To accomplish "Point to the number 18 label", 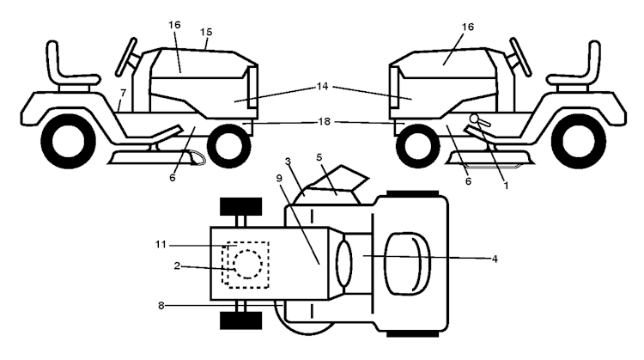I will pos(323,123).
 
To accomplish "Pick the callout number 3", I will pos(289,162).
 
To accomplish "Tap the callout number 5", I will pos(319,158).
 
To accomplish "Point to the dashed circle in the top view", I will pos(246,264).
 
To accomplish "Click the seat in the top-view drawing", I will pos(404,258).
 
